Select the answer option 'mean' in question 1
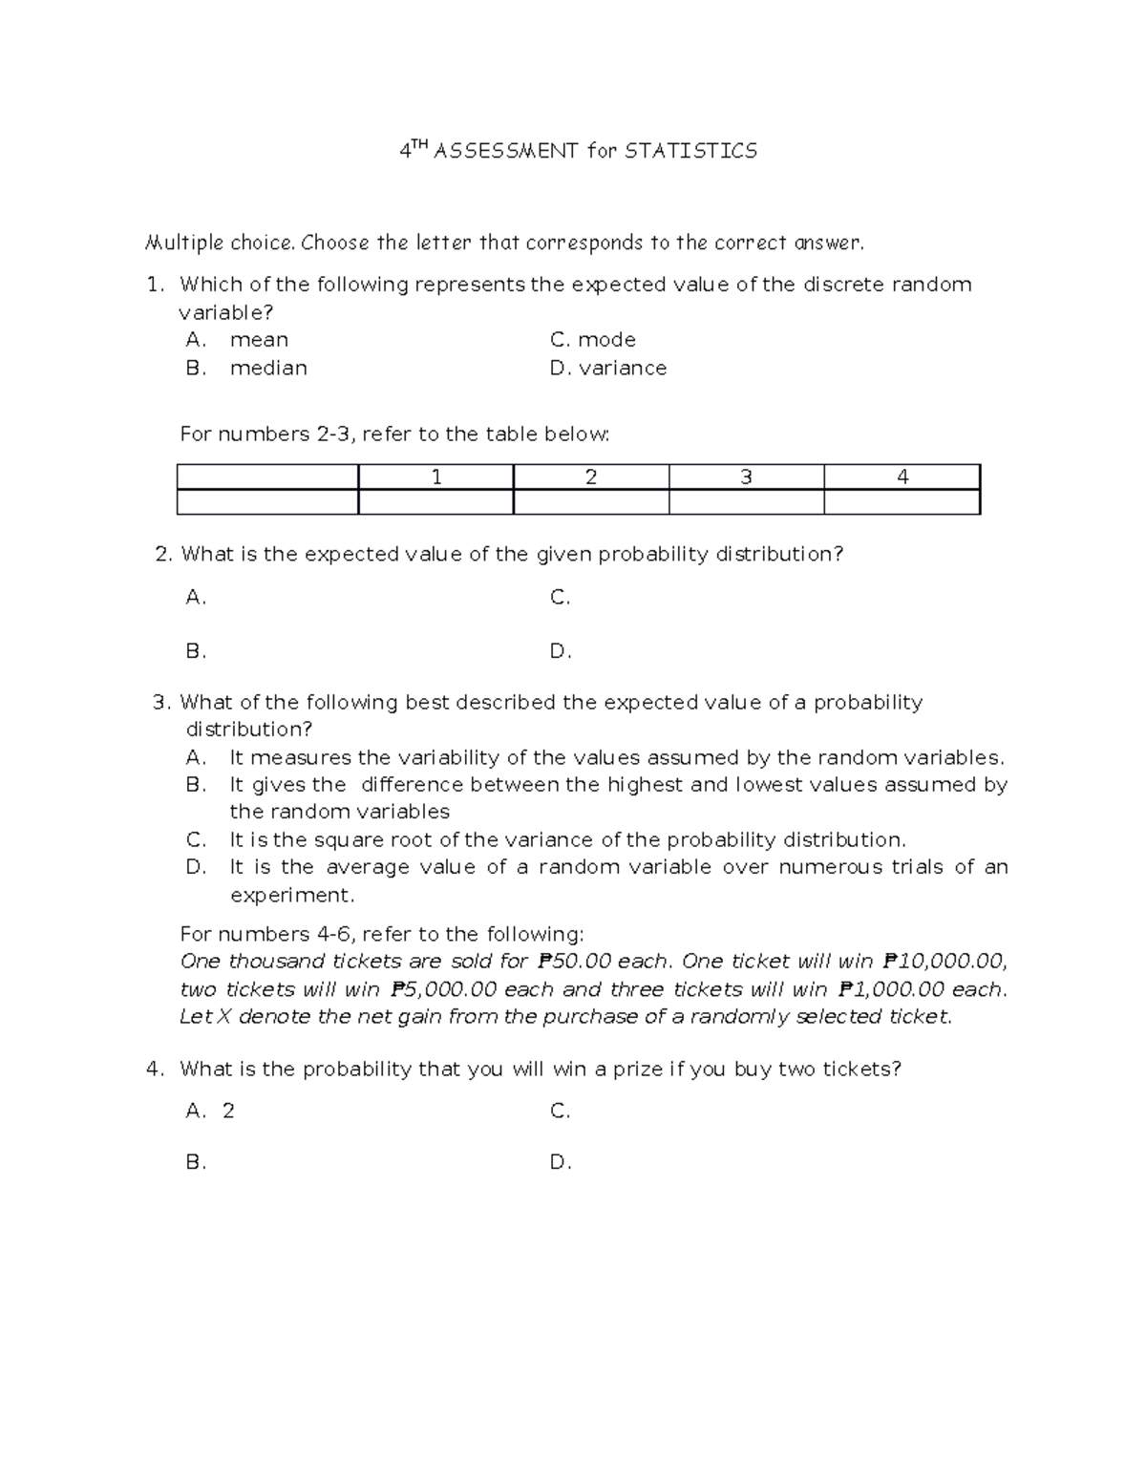click(259, 340)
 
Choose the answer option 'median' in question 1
click(268, 368)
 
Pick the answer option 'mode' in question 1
click(606, 340)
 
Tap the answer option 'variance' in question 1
click(623, 368)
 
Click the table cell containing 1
click(436, 477)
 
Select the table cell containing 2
click(591, 477)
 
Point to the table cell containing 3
click(746, 477)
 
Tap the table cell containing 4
click(902, 477)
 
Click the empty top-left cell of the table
click(267, 477)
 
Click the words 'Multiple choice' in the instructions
click(218, 243)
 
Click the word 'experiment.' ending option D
click(292, 896)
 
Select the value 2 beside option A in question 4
click(228, 1111)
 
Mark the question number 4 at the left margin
click(153, 1070)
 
